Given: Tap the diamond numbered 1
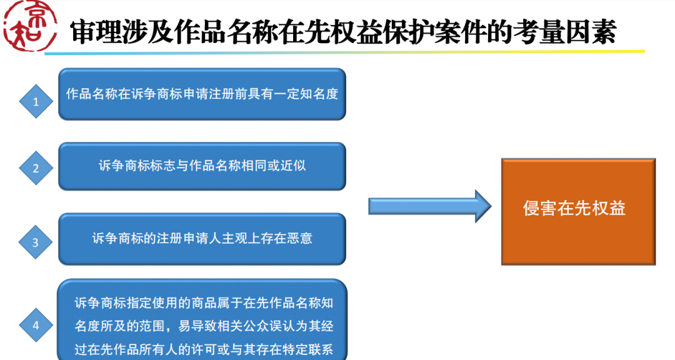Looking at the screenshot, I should (36, 102).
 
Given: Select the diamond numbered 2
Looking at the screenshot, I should (36, 169).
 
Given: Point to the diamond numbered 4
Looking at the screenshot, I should (36, 325).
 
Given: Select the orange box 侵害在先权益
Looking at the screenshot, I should (578, 211).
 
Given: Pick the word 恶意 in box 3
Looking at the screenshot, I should (301, 239).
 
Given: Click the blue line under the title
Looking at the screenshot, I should (344, 53).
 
